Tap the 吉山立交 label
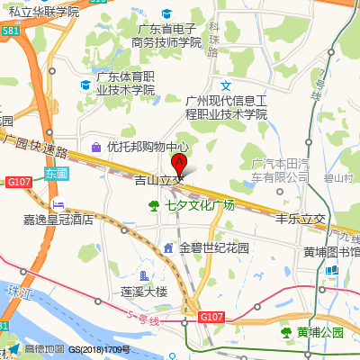point(158,181)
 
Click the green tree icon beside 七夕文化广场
point(153,205)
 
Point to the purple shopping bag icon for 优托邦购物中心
point(96,146)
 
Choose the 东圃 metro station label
point(56,172)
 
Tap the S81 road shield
point(11,30)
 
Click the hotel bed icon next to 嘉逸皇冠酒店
point(58,204)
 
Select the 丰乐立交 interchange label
point(300,219)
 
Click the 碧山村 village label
point(339,178)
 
